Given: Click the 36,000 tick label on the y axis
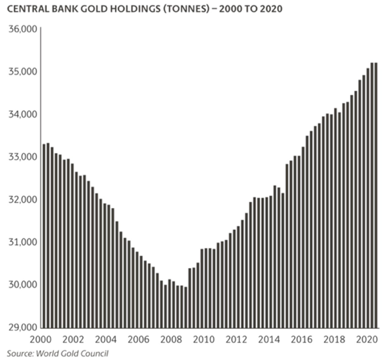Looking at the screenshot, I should (x=21, y=29).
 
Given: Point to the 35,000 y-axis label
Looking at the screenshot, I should (x=21, y=72).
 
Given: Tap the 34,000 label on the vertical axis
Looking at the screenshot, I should (x=21, y=114).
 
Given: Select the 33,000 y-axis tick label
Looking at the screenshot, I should (x=21, y=157).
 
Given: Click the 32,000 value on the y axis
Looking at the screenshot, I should (x=21, y=199).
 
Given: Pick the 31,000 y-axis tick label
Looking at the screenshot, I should (x=21, y=242).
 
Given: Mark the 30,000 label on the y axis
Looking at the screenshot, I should (x=21, y=285).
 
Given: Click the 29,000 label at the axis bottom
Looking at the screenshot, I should (x=21, y=327).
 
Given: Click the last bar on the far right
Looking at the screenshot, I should (x=375, y=195).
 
